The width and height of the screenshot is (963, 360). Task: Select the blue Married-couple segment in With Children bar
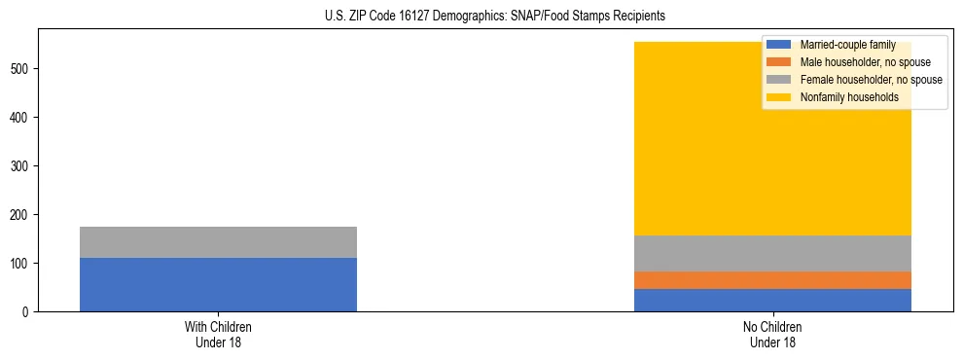tap(218, 284)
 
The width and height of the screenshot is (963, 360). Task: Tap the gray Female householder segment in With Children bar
tap(218, 242)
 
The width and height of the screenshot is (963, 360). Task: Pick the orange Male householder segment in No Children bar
tap(772, 280)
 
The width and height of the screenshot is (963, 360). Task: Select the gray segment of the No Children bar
tap(772, 253)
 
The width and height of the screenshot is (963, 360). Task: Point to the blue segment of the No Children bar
tap(772, 300)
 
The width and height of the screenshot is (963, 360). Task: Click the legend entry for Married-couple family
tap(847, 45)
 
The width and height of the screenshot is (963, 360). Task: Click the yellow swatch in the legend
tap(779, 97)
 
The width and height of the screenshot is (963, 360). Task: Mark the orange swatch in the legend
tap(779, 62)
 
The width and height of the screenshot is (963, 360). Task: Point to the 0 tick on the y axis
tap(27, 312)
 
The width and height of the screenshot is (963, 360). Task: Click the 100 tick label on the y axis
tap(21, 264)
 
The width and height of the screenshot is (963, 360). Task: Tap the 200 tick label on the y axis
tap(21, 215)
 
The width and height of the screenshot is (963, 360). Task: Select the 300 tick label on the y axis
tap(21, 166)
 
